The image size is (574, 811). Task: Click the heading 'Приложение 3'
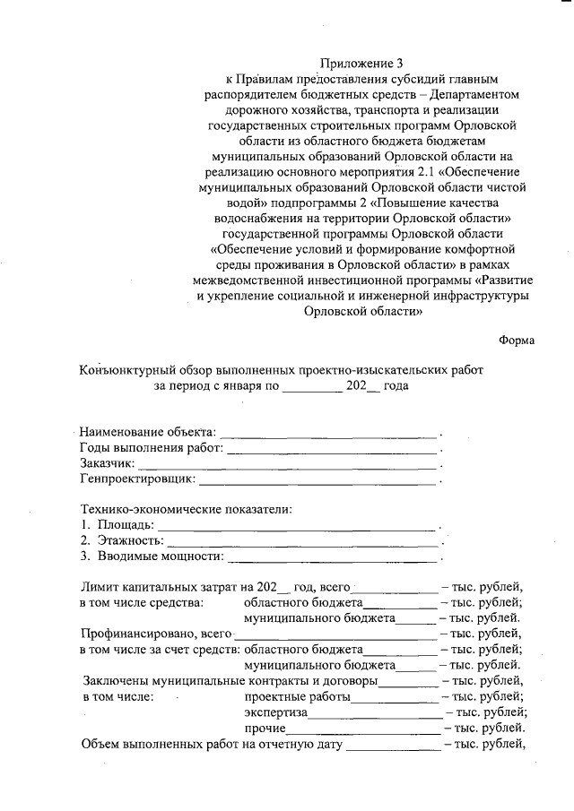[x=363, y=63]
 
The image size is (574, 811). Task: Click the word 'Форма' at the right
[x=517, y=341]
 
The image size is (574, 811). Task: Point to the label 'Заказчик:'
[x=107, y=463]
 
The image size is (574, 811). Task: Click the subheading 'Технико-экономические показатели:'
[x=187, y=509]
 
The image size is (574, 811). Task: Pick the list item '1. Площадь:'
[x=117, y=524]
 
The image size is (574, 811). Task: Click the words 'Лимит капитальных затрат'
[x=159, y=587]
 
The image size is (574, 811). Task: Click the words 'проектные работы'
[x=297, y=695]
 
